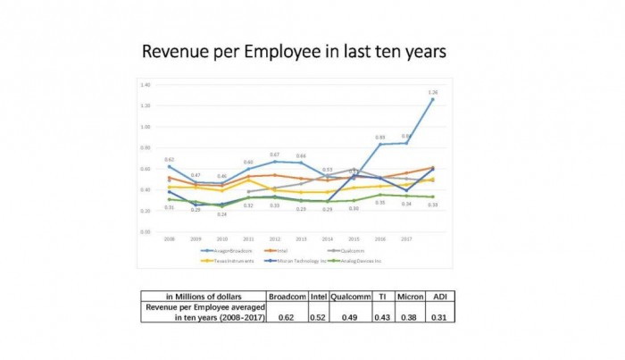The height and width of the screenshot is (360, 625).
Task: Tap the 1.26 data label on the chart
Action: point(433,93)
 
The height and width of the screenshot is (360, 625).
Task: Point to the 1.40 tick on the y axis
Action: point(145,85)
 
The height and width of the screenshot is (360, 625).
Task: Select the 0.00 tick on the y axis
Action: point(145,231)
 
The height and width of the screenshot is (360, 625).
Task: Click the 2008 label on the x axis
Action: point(169,239)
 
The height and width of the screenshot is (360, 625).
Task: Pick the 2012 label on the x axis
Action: point(275,239)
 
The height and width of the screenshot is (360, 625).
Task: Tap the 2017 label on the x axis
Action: point(406,239)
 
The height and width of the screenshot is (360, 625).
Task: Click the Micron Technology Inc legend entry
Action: point(309,261)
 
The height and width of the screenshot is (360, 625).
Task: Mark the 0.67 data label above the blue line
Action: point(275,155)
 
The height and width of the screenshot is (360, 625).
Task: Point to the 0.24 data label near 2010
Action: point(222,214)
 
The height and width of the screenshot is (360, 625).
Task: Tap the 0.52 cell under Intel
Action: point(319,316)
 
